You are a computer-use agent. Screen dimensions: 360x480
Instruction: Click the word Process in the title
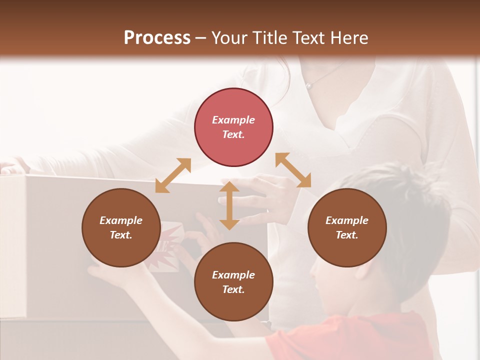point(157,38)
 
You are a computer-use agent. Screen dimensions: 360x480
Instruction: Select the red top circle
point(233,127)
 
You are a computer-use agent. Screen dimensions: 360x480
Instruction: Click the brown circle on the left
point(121,227)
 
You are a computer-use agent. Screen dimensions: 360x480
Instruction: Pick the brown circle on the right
point(347,227)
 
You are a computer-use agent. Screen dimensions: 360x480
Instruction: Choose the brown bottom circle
point(233,282)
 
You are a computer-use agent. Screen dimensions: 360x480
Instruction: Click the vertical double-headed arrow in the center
point(229,205)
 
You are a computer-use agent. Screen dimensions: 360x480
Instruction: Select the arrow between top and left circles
point(173,175)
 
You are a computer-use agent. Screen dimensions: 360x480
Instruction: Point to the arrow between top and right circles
point(293,170)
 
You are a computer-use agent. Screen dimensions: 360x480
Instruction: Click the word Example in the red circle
point(233,120)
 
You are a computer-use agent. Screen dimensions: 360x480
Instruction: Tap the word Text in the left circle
point(121,235)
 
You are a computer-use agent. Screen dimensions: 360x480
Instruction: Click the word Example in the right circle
point(347,220)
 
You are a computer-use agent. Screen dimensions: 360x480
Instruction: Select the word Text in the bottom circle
point(233,289)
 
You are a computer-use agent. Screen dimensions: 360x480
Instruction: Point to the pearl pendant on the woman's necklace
point(309,86)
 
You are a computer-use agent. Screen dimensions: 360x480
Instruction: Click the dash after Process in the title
point(201,38)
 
